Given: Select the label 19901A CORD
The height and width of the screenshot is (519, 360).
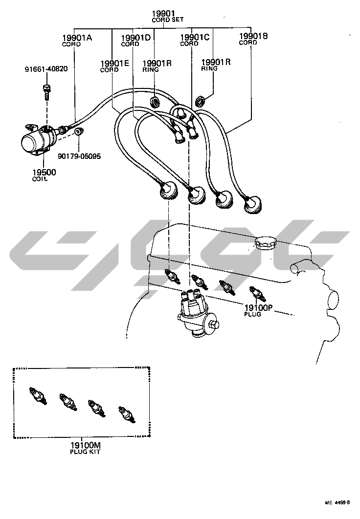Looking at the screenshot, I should click(77, 40).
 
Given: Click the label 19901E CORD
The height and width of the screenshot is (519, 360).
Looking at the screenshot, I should click(115, 65).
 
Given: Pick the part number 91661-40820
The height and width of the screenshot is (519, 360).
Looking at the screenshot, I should click(46, 69).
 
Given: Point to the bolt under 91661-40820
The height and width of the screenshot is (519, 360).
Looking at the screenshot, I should click(46, 91).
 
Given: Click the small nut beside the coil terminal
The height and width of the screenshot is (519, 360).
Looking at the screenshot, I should click(79, 130).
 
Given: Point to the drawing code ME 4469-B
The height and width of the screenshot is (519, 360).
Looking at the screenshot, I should click(337, 503).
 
